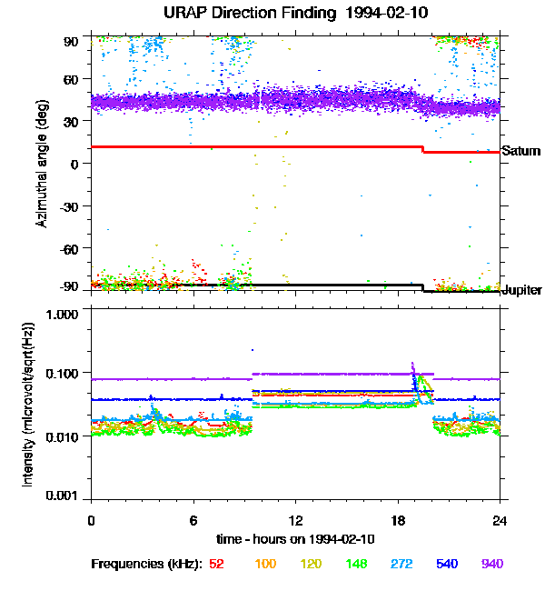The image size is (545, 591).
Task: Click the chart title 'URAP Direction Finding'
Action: click(250, 14)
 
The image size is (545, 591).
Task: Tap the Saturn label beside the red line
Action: click(520, 151)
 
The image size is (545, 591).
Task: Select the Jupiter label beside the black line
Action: click(521, 290)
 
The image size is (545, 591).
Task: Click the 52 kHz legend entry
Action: click(216, 564)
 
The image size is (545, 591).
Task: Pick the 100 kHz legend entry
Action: click(265, 564)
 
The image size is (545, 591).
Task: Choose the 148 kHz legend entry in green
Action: click(356, 564)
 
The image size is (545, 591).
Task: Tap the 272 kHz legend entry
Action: click(401, 564)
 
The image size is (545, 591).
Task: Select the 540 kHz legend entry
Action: click(447, 564)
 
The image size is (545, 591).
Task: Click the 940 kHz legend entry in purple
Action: click(492, 564)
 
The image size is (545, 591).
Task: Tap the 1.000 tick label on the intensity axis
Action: click(62, 315)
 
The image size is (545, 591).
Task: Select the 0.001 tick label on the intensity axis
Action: click(62, 496)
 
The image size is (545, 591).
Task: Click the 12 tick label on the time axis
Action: click(296, 521)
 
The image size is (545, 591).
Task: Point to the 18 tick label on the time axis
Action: click(398, 521)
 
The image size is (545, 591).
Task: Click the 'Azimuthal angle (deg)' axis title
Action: click(42, 164)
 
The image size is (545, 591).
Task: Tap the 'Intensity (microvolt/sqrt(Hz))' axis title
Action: click(28, 405)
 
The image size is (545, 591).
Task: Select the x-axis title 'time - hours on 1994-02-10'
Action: click(296, 539)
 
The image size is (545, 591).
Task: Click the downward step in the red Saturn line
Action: click(422, 150)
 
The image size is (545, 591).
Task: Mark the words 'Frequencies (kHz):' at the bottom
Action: click(147, 565)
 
